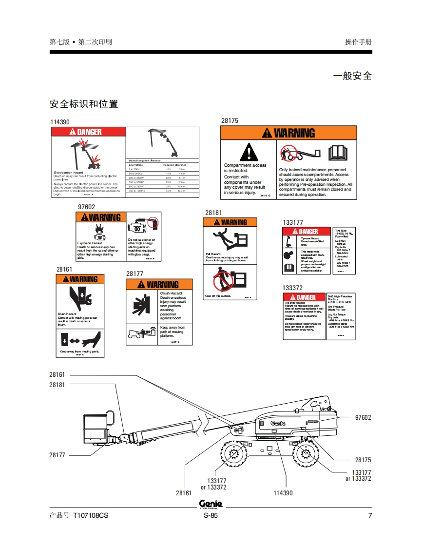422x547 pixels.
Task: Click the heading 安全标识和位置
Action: [84, 104]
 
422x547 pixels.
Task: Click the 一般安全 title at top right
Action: [352, 76]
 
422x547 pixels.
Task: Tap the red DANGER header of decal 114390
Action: [88, 132]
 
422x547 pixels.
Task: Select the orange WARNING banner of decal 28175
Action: [288, 133]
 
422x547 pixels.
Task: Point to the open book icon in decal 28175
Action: [337, 154]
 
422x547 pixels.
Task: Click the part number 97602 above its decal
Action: [87, 207]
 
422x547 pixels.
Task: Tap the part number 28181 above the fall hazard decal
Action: [213, 213]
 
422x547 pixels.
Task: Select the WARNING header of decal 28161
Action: [80, 279]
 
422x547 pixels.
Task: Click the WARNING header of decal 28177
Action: [159, 285]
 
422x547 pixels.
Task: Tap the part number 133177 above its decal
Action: [293, 223]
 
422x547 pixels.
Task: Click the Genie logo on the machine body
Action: [278, 423]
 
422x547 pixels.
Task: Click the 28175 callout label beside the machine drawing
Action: [363, 460]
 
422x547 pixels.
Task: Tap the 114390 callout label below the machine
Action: [283, 493]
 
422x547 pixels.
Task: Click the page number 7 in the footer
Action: [370, 516]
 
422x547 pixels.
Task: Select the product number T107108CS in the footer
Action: [91, 516]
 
